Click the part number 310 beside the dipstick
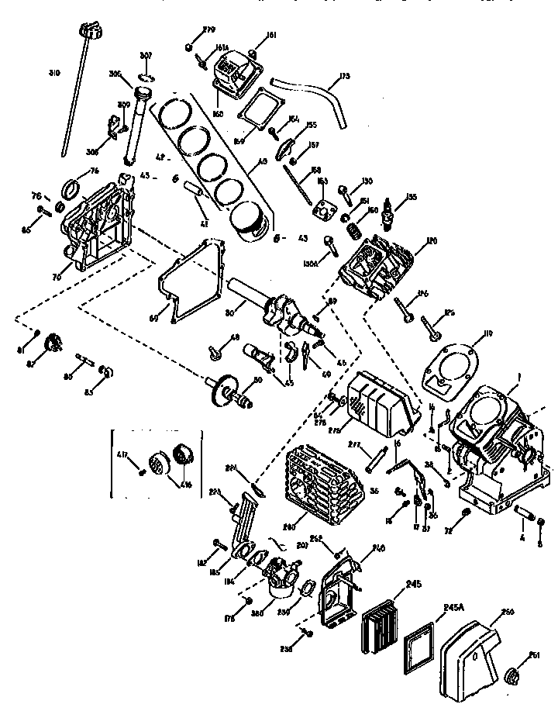point(53,74)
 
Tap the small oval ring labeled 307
point(147,77)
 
